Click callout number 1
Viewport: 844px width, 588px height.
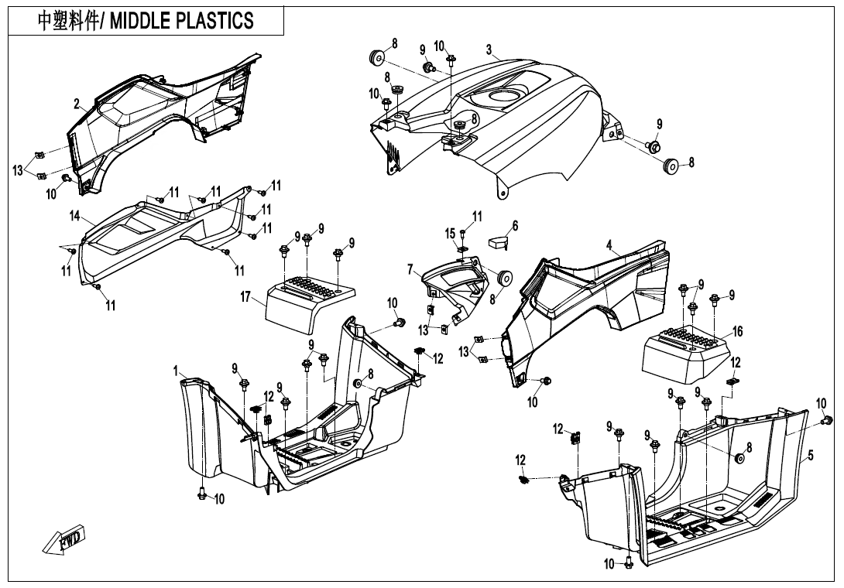click(x=176, y=371)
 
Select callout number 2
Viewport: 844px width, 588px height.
click(x=77, y=104)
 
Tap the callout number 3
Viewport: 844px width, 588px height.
click(x=489, y=50)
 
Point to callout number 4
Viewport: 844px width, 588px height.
click(x=609, y=247)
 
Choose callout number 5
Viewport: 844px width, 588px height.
click(x=811, y=456)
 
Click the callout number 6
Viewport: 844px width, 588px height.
click(x=515, y=226)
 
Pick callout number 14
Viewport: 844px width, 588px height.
click(x=75, y=216)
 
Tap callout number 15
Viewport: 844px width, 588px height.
click(x=451, y=233)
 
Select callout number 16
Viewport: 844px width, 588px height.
click(x=738, y=331)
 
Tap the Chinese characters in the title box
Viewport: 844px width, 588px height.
click(x=67, y=20)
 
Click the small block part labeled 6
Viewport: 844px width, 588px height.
click(x=496, y=241)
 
